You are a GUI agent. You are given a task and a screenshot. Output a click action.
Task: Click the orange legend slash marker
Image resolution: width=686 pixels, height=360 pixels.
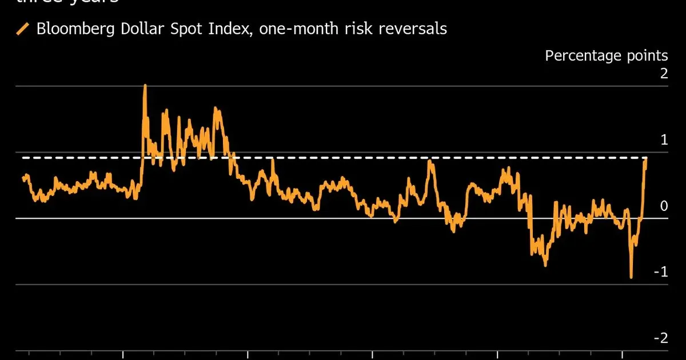[23, 29]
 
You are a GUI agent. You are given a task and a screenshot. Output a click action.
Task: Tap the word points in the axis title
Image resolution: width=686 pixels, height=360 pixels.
[648, 56]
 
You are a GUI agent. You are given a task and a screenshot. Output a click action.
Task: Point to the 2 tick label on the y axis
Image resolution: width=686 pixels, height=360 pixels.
[663, 74]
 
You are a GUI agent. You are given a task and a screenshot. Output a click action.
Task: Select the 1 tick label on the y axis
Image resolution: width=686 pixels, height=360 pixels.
[664, 140]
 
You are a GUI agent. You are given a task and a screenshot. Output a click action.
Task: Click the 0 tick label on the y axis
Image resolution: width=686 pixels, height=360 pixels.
[663, 206]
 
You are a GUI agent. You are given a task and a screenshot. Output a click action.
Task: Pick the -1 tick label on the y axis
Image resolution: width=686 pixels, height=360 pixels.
[660, 272]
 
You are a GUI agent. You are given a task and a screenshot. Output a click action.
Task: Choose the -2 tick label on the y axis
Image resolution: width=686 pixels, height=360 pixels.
[660, 338]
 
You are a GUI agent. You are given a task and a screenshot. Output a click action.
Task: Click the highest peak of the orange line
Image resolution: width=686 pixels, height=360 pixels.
[145, 86]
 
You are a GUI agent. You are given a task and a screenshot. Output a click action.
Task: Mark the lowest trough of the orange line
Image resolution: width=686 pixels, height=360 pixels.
[631, 277]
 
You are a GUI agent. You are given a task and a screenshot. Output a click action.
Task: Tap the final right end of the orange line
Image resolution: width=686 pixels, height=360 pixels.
[646, 159]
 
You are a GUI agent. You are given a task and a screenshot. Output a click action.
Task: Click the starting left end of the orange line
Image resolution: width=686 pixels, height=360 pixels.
[23, 178]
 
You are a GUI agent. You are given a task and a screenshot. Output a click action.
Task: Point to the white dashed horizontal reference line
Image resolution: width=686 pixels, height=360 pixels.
[343, 157]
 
